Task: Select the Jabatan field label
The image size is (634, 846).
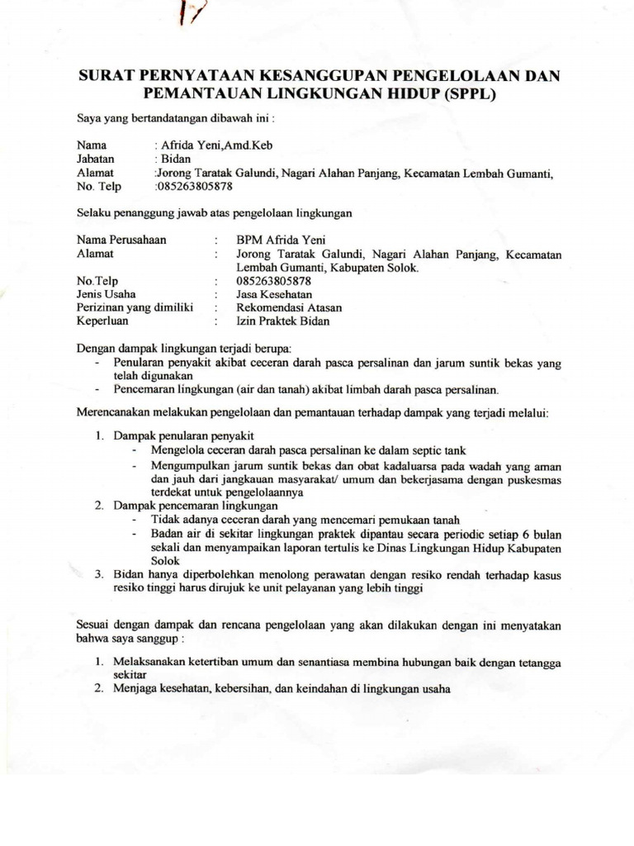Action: click(x=96, y=159)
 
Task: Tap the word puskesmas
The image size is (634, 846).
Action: click(x=534, y=478)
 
